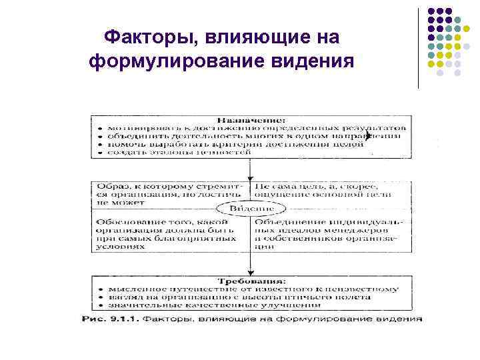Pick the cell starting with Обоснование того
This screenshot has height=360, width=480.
(167, 231)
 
